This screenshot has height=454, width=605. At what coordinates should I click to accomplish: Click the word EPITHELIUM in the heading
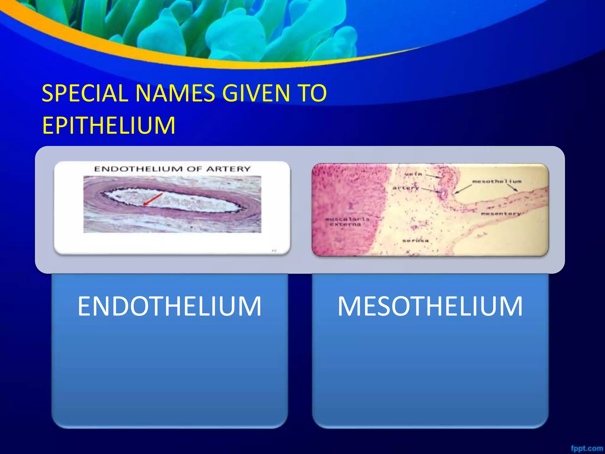point(109,125)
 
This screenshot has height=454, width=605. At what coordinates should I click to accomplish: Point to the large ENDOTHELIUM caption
point(170,306)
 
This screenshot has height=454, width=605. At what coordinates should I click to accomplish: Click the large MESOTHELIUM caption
point(430,306)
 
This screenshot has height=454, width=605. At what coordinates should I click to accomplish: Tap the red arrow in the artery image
point(153,199)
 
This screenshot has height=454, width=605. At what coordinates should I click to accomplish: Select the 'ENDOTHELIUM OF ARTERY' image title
point(172,169)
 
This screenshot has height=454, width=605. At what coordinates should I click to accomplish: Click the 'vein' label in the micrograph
point(413,174)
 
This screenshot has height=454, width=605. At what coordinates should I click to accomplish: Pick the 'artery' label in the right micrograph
point(406,188)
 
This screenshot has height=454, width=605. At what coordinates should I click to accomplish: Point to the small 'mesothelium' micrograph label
point(497,181)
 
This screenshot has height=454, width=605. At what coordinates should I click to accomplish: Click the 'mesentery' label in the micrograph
point(501,213)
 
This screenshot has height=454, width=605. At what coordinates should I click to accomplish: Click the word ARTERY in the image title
point(228,169)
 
